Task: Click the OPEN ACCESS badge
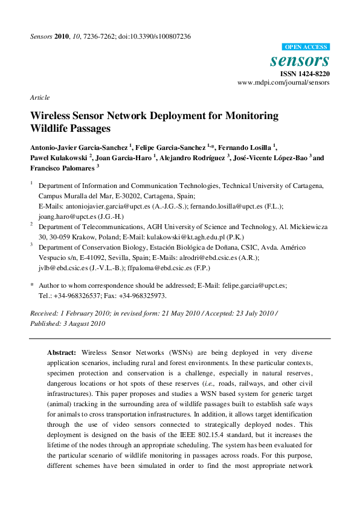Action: [306, 47]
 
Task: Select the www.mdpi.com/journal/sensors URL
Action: [284, 83]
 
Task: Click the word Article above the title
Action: [40, 97]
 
